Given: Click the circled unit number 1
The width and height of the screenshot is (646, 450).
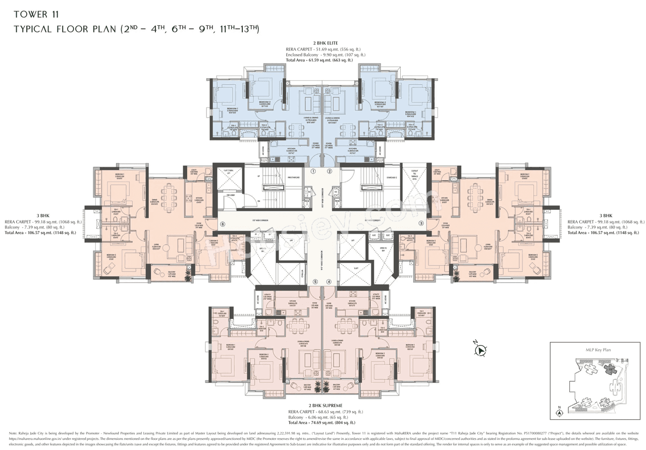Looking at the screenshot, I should [x=313, y=172].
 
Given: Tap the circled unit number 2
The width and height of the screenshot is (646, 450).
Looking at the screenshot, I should [x=330, y=172].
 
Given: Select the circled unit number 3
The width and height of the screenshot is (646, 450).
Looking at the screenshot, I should [x=421, y=223].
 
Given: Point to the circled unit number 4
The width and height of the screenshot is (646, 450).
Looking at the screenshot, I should [x=329, y=282].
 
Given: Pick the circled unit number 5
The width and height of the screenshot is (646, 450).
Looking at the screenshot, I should [x=315, y=282].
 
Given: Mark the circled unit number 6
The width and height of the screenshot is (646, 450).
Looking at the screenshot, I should [x=222, y=224].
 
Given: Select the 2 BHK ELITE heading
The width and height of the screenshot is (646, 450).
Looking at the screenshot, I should [x=325, y=43].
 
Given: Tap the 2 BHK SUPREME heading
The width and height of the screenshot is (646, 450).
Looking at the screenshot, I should [x=325, y=406].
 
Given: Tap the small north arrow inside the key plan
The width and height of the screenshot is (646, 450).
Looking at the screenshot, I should [x=559, y=411].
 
